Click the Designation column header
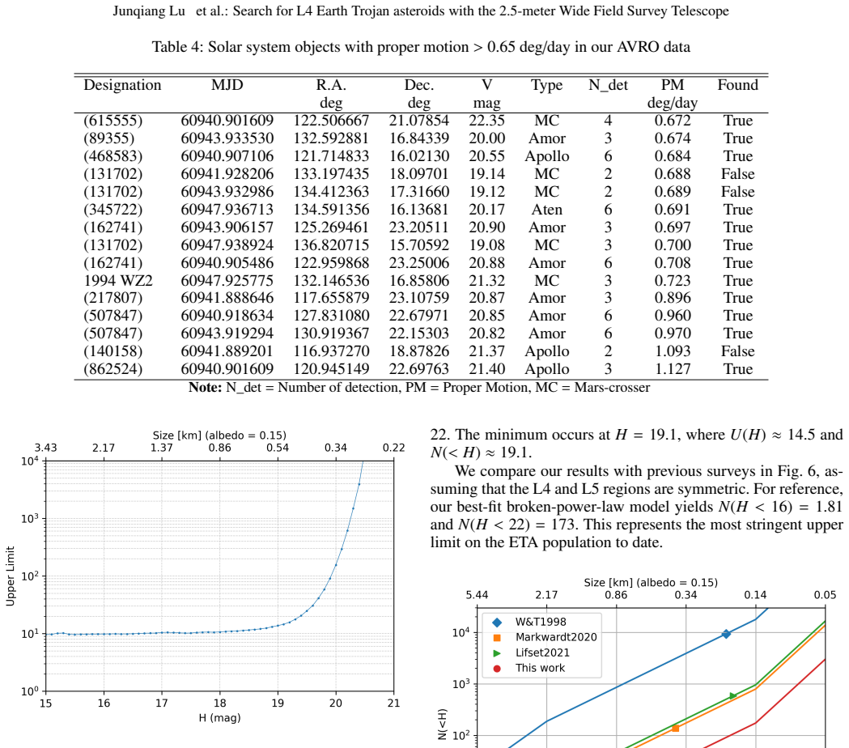(x=122, y=85)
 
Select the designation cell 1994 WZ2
(x=118, y=281)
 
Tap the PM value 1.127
(x=673, y=369)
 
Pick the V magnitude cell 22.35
(x=486, y=121)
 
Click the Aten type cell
(x=547, y=210)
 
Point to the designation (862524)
(x=112, y=369)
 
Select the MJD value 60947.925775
(x=227, y=281)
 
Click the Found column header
(x=737, y=85)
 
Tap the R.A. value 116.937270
(x=331, y=351)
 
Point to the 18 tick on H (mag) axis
(x=220, y=703)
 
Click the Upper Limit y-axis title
(x=10, y=576)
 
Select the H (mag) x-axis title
(x=219, y=718)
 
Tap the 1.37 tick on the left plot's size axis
(x=161, y=448)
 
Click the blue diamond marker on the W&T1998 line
(x=726, y=634)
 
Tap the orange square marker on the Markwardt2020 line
(x=675, y=729)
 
